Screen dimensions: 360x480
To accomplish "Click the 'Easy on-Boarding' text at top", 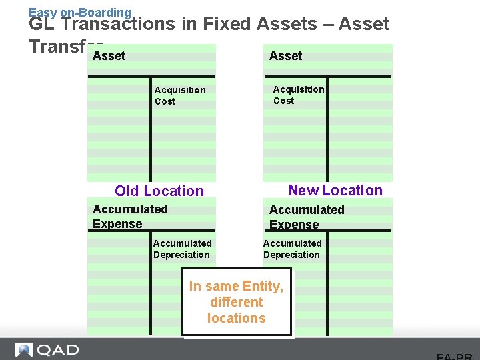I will pos(80,11).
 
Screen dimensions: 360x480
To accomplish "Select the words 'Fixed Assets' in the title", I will pos(260,25).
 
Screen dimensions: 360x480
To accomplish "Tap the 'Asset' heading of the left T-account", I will pos(109,56).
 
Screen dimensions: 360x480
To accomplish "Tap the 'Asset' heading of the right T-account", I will pos(285,56).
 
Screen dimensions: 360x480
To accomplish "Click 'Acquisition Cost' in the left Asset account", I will pos(179,95).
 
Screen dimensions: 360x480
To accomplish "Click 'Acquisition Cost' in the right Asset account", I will pos(298,95).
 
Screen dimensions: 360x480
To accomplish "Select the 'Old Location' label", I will pos(159,191).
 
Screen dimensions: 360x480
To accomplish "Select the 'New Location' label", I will pos(335,190).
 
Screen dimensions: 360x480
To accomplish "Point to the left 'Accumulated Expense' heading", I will pos(129,216).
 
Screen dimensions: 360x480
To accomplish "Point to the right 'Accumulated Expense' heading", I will pos(306,217).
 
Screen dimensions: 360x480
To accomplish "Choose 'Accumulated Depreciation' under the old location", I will pos(182,249).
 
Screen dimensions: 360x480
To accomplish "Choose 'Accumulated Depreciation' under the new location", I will pos(292,249).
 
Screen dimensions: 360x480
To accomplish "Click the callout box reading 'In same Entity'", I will pos(237,301).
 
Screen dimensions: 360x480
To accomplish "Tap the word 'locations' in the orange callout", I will pos(236,318).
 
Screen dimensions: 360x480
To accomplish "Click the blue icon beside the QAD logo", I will pos(24,350).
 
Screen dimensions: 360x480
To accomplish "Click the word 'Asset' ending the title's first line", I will pos(363,25).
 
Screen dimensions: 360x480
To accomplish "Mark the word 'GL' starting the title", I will pos(41,25).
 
